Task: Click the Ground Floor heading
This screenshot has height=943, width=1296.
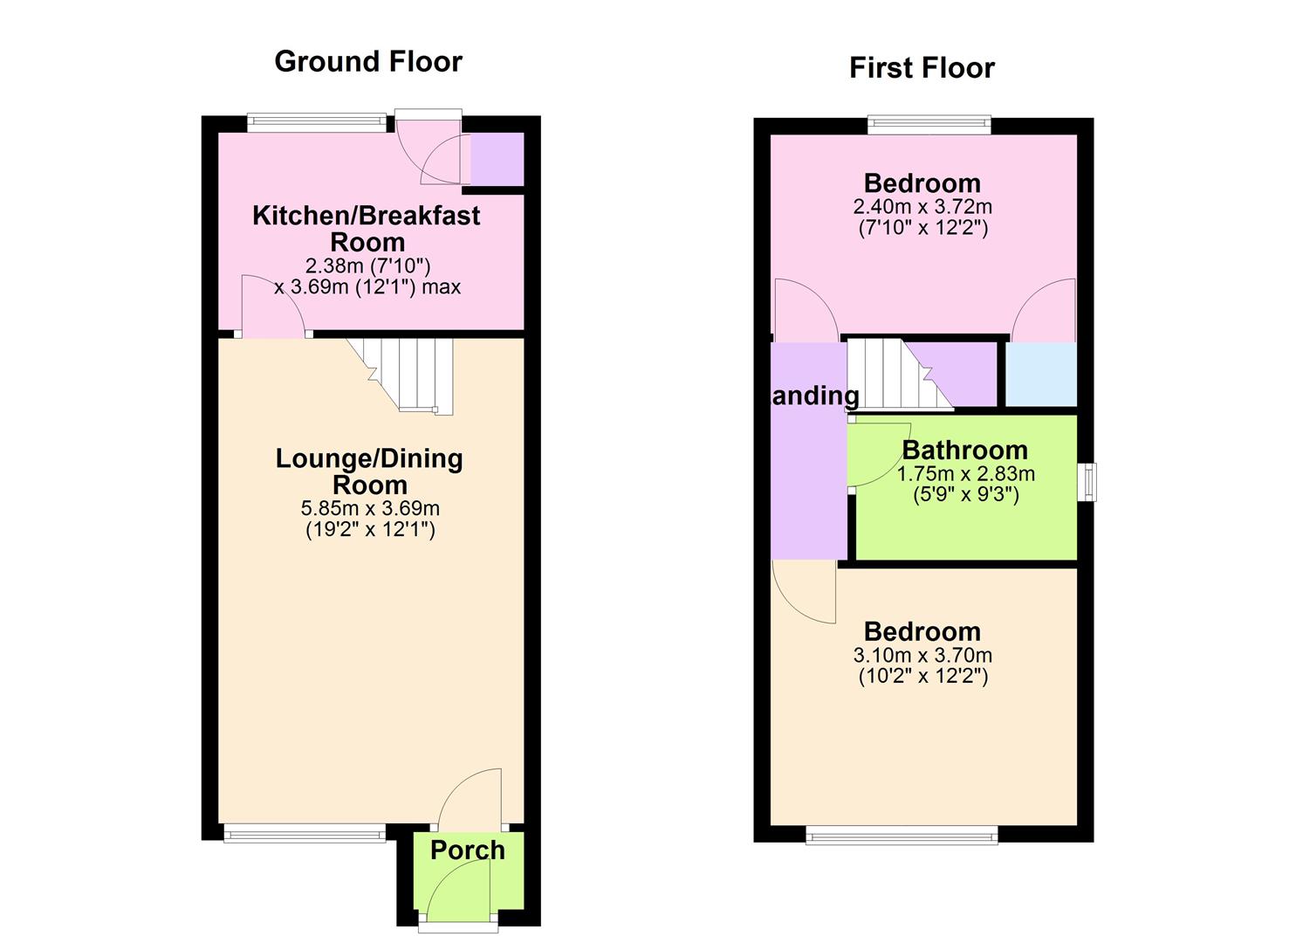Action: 367,61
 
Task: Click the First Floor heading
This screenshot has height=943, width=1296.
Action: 922,68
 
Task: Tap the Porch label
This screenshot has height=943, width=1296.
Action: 467,850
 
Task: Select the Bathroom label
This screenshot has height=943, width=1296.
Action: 964,450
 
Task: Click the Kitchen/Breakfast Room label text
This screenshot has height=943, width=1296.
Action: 367,228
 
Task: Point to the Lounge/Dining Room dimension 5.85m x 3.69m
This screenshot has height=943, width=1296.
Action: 370,508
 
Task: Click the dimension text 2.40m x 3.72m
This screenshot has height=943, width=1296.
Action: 922,207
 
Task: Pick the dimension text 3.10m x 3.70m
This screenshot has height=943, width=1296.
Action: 922,655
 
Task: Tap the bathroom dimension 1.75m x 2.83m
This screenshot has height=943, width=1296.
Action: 965,474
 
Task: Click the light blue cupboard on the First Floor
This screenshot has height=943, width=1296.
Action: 1041,374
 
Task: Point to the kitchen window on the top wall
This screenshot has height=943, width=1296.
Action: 316,123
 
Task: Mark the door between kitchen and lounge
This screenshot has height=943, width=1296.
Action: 272,307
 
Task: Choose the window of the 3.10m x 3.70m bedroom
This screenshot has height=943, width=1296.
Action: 902,837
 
